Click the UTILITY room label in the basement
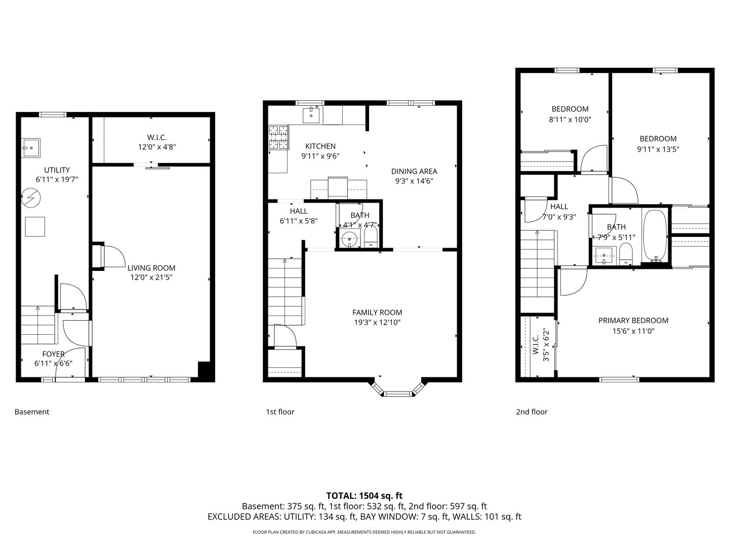(57, 170)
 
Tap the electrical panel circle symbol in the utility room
(30, 198)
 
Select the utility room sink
(31, 148)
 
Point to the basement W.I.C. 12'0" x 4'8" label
(157, 142)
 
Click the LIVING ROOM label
(151, 268)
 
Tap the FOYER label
(53, 354)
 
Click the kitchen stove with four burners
(278, 137)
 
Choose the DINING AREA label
(414, 171)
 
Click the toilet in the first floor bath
(371, 236)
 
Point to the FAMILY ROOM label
(377, 312)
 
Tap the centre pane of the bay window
(398, 394)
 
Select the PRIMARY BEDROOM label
(633, 321)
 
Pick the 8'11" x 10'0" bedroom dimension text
(570, 120)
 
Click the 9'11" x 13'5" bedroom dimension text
(658, 149)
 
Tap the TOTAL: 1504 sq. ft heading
(364, 496)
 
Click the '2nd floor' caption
(532, 412)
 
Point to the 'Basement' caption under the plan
(32, 412)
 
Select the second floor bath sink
(604, 256)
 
